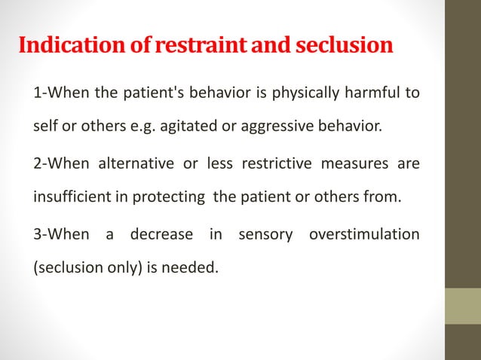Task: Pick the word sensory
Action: (x=265, y=234)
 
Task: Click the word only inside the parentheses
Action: (x=121, y=265)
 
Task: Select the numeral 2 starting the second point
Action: (x=37, y=164)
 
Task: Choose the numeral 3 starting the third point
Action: (x=37, y=234)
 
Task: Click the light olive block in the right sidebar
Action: (x=462, y=306)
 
